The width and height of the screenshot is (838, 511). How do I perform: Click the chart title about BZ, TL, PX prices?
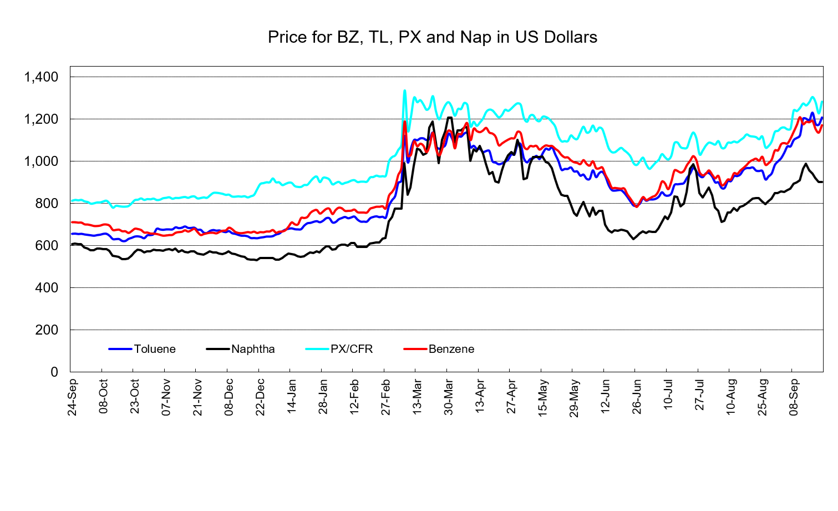pyautogui.click(x=433, y=37)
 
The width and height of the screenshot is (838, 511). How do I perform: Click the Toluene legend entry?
pyautogui.click(x=142, y=349)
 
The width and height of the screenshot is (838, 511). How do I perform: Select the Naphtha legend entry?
pyautogui.click(x=241, y=349)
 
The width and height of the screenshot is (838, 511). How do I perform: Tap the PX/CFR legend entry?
pyautogui.click(x=339, y=349)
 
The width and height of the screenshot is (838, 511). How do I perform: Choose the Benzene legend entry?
pyautogui.click(x=439, y=349)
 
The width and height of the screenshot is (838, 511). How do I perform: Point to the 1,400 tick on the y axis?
pyautogui.click(x=41, y=77)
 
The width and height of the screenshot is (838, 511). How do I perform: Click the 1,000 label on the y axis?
pyautogui.click(x=41, y=161)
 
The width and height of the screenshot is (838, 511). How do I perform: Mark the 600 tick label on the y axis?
pyautogui.click(x=47, y=246)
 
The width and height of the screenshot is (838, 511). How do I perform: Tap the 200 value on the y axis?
pyautogui.click(x=47, y=330)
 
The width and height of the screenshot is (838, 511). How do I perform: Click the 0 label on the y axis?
pyautogui.click(x=54, y=372)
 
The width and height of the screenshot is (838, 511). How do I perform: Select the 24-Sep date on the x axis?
pyautogui.click(x=72, y=397)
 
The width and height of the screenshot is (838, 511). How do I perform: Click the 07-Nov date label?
pyautogui.click(x=166, y=397)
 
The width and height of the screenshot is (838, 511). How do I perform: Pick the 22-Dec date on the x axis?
pyautogui.click(x=260, y=397)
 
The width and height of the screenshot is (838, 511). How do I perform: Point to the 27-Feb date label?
pyautogui.click(x=385, y=397)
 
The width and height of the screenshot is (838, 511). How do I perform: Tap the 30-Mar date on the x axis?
pyautogui.click(x=449, y=397)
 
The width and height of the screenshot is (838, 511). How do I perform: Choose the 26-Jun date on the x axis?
pyautogui.click(x=637, y=397)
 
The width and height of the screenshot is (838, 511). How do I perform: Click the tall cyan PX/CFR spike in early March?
pyautogui.click(x=404, y=91)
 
